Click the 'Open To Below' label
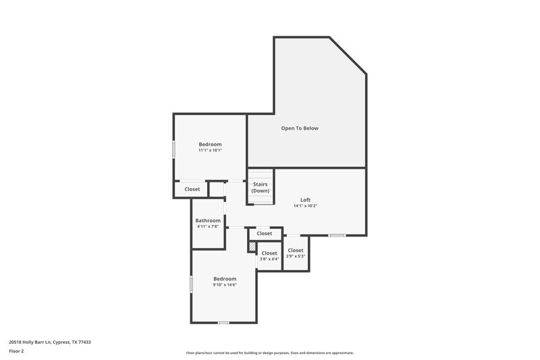coord(300,128)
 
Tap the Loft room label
coord(305,200)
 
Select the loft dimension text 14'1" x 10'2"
coord(305,206)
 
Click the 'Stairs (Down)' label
coord(261,187)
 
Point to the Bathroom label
coord(208,220)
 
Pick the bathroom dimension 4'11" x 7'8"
coord(208,226)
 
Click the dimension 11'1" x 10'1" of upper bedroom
coord(210,150)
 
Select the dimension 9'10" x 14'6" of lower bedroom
coord(225,284)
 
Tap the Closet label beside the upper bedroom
coord(192,189)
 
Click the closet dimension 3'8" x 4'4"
coord(269,259)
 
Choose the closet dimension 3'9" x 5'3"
coord(296,256)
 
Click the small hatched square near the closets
coord(252,247)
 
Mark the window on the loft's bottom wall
coord(337,235)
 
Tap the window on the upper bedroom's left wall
coord(174,149)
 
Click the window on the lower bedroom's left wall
coord(192,284)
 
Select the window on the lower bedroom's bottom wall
coord(223,322)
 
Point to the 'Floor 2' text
coord(17,351)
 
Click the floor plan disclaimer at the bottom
coord(269,353)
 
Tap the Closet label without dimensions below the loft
coord(264,233)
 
